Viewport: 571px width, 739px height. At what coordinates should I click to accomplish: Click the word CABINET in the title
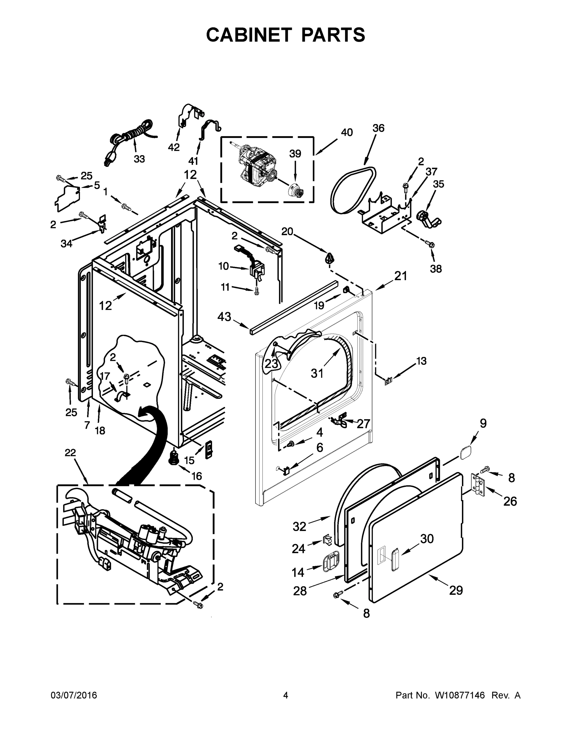click(x=249, y=35)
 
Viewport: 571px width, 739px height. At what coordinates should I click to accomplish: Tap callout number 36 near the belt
click(x=379, y=128)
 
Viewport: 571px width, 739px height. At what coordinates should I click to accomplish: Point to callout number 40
click(x=347, y=133)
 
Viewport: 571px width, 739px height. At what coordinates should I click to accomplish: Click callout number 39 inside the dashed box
click(x=295, y=154)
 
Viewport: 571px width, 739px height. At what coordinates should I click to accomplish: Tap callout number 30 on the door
click(x=427, y=539)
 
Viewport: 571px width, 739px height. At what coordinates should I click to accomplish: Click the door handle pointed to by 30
click(x=395, y=560)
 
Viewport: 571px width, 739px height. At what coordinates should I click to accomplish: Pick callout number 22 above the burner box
click(x=70, y=453)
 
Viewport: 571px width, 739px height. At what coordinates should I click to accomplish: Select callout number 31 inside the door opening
click(x=317, y=373)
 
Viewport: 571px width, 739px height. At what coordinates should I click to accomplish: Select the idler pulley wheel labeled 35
click(x=423, y=216)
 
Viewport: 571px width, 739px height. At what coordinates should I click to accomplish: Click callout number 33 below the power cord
click(x=139, y=159)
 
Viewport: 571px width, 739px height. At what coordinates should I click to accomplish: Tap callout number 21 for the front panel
click(x=400, y=276)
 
